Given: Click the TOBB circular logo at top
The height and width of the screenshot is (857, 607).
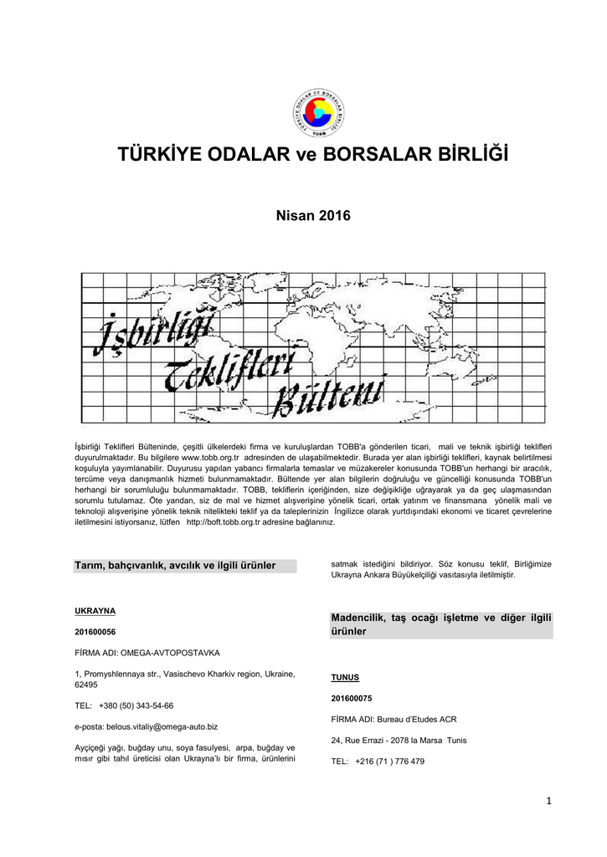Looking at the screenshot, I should click(x=320, y=113).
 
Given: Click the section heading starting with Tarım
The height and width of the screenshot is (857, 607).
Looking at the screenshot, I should click(x=175, y=566).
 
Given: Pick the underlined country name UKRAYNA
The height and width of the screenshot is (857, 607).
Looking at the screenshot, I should click(x=95, y=610).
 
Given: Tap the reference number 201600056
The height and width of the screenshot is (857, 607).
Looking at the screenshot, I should click(x=95, y=631).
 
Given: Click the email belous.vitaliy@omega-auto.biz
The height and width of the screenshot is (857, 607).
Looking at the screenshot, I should click(x=147, y=726).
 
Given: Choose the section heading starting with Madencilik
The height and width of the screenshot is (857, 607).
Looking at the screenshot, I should click(x=442, y=624).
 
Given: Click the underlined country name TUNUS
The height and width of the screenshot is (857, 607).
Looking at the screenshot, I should click(x=345, y=677).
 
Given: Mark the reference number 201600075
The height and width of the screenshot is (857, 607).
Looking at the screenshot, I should click(x=352, y=697).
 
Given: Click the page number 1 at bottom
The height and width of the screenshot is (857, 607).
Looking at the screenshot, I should click(x=548, y=802).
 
